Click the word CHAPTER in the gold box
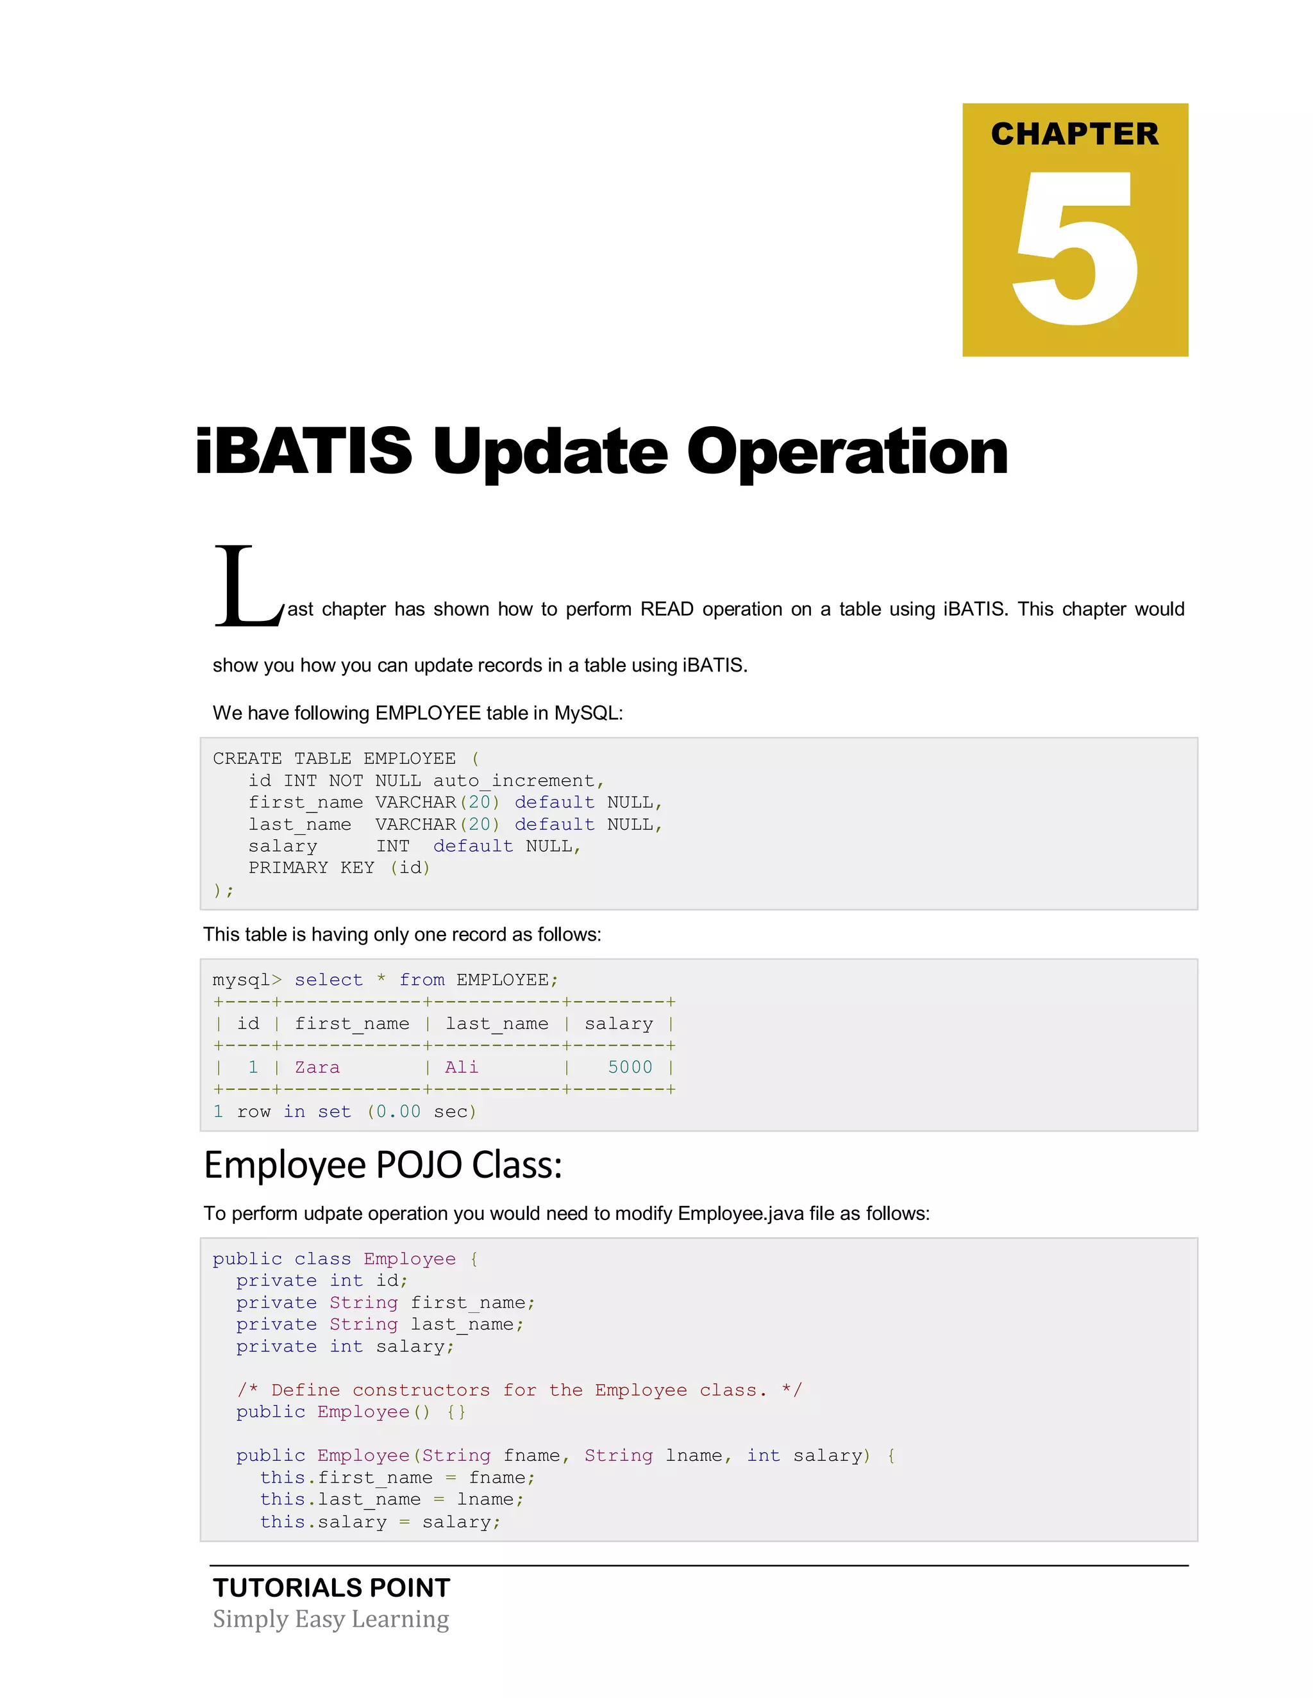click(x=1075, y=134)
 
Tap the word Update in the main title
click(x=549, y=452)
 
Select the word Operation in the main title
click(x=847, y=452)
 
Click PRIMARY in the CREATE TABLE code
click(x=288, y=868)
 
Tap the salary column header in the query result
click(x=619, y=1024)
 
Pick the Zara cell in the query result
click(x=317, y=1067)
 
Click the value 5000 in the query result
click(x=630, y=1067)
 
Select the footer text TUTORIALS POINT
click(x=331, y=1588)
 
